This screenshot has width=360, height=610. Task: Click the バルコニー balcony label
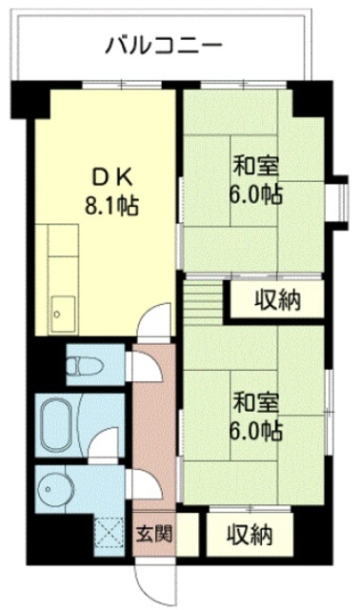pyautogui.click(x=164, y=44)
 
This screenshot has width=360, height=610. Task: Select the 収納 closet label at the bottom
pyautogui.click(x=250, y=535)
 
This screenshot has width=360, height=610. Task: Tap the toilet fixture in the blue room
pyautogui.click(x=80, y=363)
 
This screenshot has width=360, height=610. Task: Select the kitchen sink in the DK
pyautogui.click(x=62, y=312)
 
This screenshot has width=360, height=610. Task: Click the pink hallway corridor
pyautogui.click(x=153, y=429)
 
